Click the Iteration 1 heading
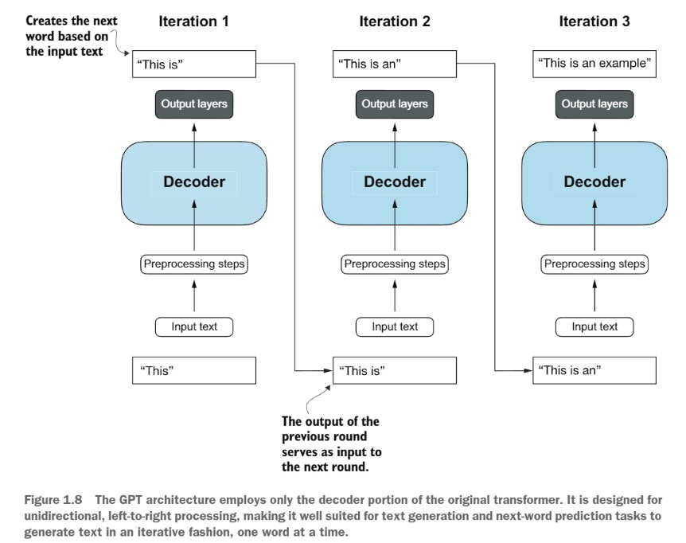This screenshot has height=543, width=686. point(193,21)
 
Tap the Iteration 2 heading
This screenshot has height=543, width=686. point(395,21)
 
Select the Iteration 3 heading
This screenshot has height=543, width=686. point(594,21)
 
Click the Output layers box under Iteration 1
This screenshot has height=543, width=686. point(194,104)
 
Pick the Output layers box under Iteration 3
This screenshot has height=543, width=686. point(594,104)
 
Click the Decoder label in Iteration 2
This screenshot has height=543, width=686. point(395,182)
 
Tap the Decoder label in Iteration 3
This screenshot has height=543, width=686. point(594,182)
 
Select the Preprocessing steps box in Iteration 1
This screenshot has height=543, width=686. point(194,264)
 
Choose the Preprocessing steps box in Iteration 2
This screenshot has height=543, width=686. point(395,264)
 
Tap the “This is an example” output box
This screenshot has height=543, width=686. point(594,64)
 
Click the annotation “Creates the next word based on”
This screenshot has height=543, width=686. point(72,29)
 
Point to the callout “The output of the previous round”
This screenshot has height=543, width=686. point(330,429)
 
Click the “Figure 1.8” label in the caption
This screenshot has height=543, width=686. point(53,500)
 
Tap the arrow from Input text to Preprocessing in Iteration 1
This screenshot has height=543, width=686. point(194,296)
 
